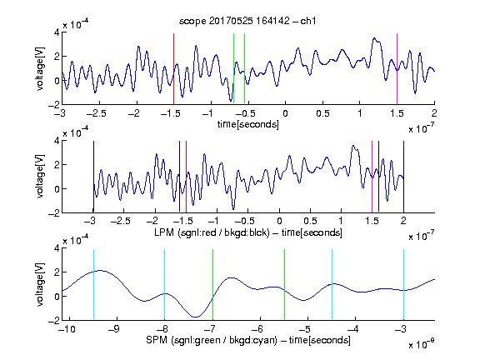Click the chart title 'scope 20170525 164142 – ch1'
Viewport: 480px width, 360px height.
point(247,21)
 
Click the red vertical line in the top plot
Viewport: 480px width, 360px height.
point(173,69)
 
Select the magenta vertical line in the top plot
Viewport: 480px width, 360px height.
point(397,69)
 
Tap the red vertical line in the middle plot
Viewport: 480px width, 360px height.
point(186,177)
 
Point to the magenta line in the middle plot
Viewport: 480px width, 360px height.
point(372,177)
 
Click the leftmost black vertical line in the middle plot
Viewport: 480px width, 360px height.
point(93,177)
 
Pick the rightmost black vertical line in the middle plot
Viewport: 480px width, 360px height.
point(403,177)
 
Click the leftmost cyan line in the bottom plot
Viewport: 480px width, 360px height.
point(93,284)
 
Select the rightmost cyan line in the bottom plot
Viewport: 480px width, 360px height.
point(403,284)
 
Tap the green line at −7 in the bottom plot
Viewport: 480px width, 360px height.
point(212,284)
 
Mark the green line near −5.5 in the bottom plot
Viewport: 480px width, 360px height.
point(284,284)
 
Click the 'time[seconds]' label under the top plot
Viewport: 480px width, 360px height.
point(248,124)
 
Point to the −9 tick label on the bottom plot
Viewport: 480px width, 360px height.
point(114,329)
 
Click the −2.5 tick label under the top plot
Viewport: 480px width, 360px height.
point(96,113)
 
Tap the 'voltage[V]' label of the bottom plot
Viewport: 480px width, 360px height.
point(40,284)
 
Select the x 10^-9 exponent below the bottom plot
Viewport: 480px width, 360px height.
point(422,344)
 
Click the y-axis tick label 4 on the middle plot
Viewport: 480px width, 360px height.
point(57,141)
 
